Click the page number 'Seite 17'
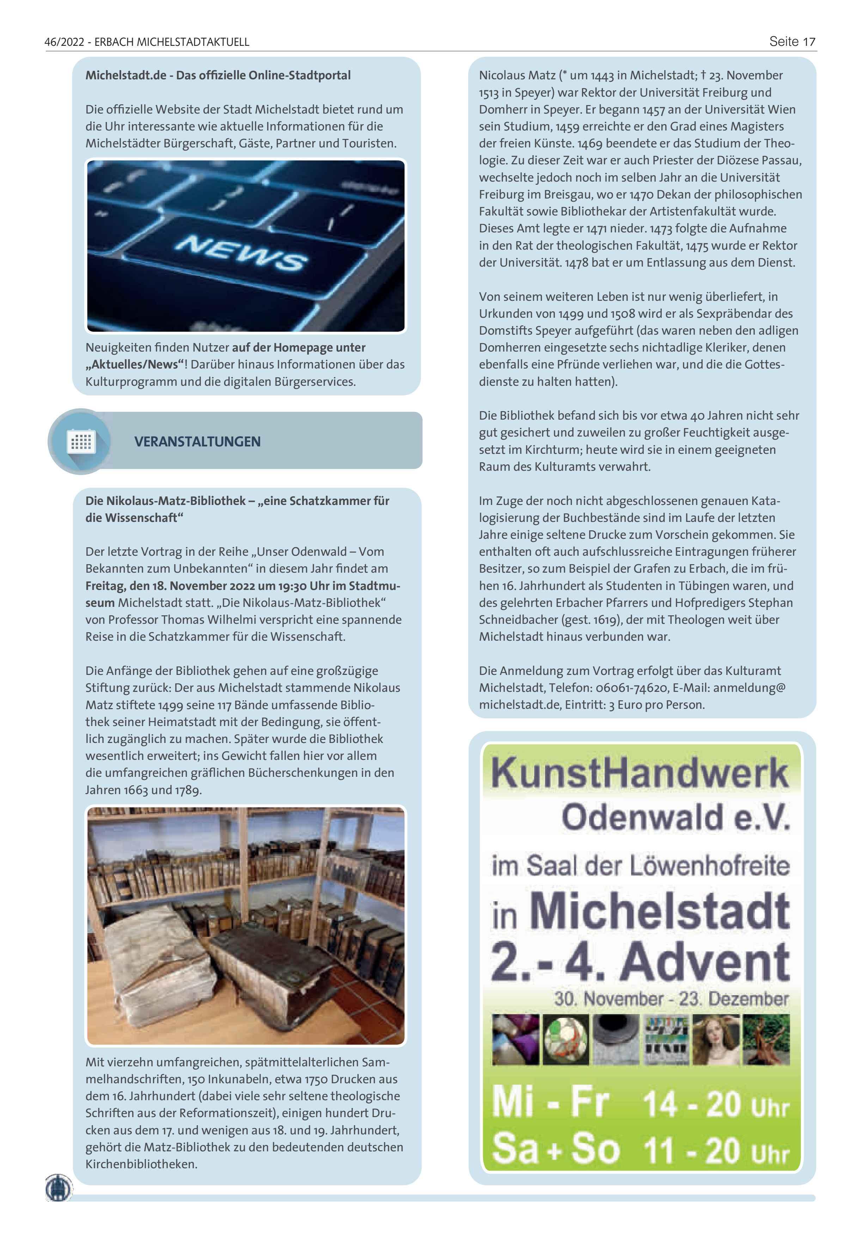pos(791,42)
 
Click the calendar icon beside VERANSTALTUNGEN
pos(81,442)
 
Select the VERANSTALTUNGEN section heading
pos(197,442)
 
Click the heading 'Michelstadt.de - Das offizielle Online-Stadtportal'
pos(218,75)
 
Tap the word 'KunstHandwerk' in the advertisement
pos(640,773)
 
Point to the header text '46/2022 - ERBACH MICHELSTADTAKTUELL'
pos(147,42)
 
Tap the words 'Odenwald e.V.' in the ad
pos(675,818)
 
